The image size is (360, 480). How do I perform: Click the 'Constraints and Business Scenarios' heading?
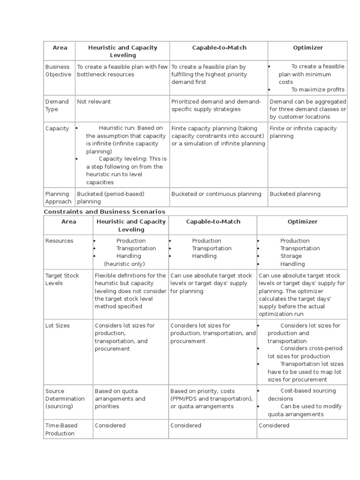coord(105,212)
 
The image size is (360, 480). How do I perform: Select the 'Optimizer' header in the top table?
coord(307,47)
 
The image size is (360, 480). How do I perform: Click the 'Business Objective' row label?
coord(58,70)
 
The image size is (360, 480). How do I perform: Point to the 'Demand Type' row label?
coord(57,105)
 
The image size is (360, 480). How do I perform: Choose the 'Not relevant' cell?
coord(94,101)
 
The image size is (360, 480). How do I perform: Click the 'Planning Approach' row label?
coord(58,198)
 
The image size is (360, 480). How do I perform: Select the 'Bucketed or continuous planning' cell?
coord(216,194)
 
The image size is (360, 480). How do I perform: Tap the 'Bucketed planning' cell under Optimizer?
coord(295,194)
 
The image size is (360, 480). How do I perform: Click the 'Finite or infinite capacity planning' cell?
coord(303,132)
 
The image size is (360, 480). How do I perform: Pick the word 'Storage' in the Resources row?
coord(291,256)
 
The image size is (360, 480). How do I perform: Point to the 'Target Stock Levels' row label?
coord(62,279)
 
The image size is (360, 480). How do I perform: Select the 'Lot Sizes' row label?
coord(57,325)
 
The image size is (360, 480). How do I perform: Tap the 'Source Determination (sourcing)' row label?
coord(65,398)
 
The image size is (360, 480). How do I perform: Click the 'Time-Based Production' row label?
coord(61,429)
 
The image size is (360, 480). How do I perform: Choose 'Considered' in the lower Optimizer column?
coord(274,426)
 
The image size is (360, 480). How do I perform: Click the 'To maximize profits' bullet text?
coord(317,90)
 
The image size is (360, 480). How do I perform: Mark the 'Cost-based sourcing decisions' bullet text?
coord(302,395)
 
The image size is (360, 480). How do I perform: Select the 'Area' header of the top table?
coord(60,47)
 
